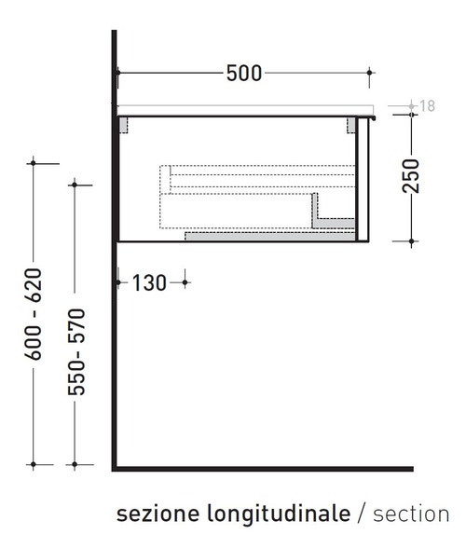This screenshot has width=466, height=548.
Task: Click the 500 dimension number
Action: pos(244,73)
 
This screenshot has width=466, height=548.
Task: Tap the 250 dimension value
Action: pos(411,175)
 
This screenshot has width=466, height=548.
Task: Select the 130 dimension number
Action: pos(149,281)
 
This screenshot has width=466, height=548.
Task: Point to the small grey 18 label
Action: pos(428,106)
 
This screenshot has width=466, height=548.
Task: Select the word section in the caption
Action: pos(411,514)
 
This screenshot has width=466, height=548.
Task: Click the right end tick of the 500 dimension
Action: pos(370,72)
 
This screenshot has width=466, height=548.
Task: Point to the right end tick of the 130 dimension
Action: pos(185,281)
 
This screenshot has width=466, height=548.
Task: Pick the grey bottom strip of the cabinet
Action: pos(270,236)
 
